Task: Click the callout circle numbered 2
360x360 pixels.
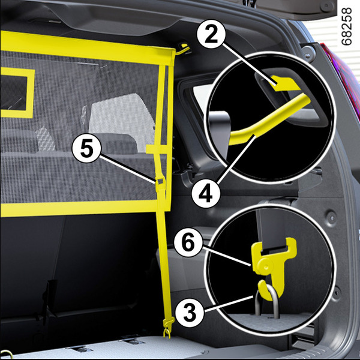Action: tap(211, 34)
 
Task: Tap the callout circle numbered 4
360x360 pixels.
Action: tap(205, 194)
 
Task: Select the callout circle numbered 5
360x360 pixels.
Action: tap(86, 149)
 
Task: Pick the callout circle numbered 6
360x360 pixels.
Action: tap(188, 242)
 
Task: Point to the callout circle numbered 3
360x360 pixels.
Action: tap(190, 311)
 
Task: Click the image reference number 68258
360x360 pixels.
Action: tap(346, 26)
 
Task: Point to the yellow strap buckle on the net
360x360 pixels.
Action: tap(160, 184)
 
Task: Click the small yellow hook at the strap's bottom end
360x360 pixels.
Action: tap(167, 328)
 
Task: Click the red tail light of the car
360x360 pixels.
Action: tap(342, 76)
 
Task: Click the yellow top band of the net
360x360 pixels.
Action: tap(87, 48)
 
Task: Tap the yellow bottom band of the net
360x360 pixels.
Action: tap(85, 208)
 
